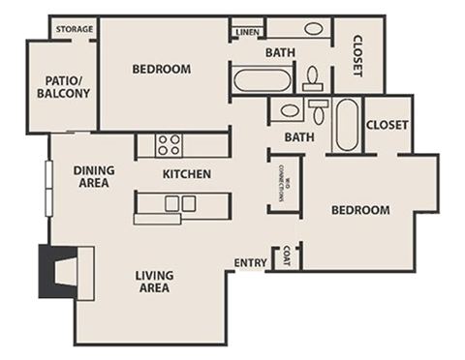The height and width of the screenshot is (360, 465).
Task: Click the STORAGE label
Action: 74,29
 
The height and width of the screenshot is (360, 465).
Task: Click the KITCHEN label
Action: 186,174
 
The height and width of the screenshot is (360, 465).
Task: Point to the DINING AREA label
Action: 95,176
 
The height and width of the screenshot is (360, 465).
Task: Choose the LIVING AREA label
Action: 154,282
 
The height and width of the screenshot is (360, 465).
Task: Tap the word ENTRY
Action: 251,263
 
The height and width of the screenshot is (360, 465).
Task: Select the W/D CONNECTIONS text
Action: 285,181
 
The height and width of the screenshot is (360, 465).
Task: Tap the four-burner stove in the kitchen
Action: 169,145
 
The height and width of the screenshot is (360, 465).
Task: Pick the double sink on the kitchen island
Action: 180,203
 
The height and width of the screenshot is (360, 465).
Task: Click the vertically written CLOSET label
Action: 356,55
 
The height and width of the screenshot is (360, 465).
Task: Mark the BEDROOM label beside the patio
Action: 161,69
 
